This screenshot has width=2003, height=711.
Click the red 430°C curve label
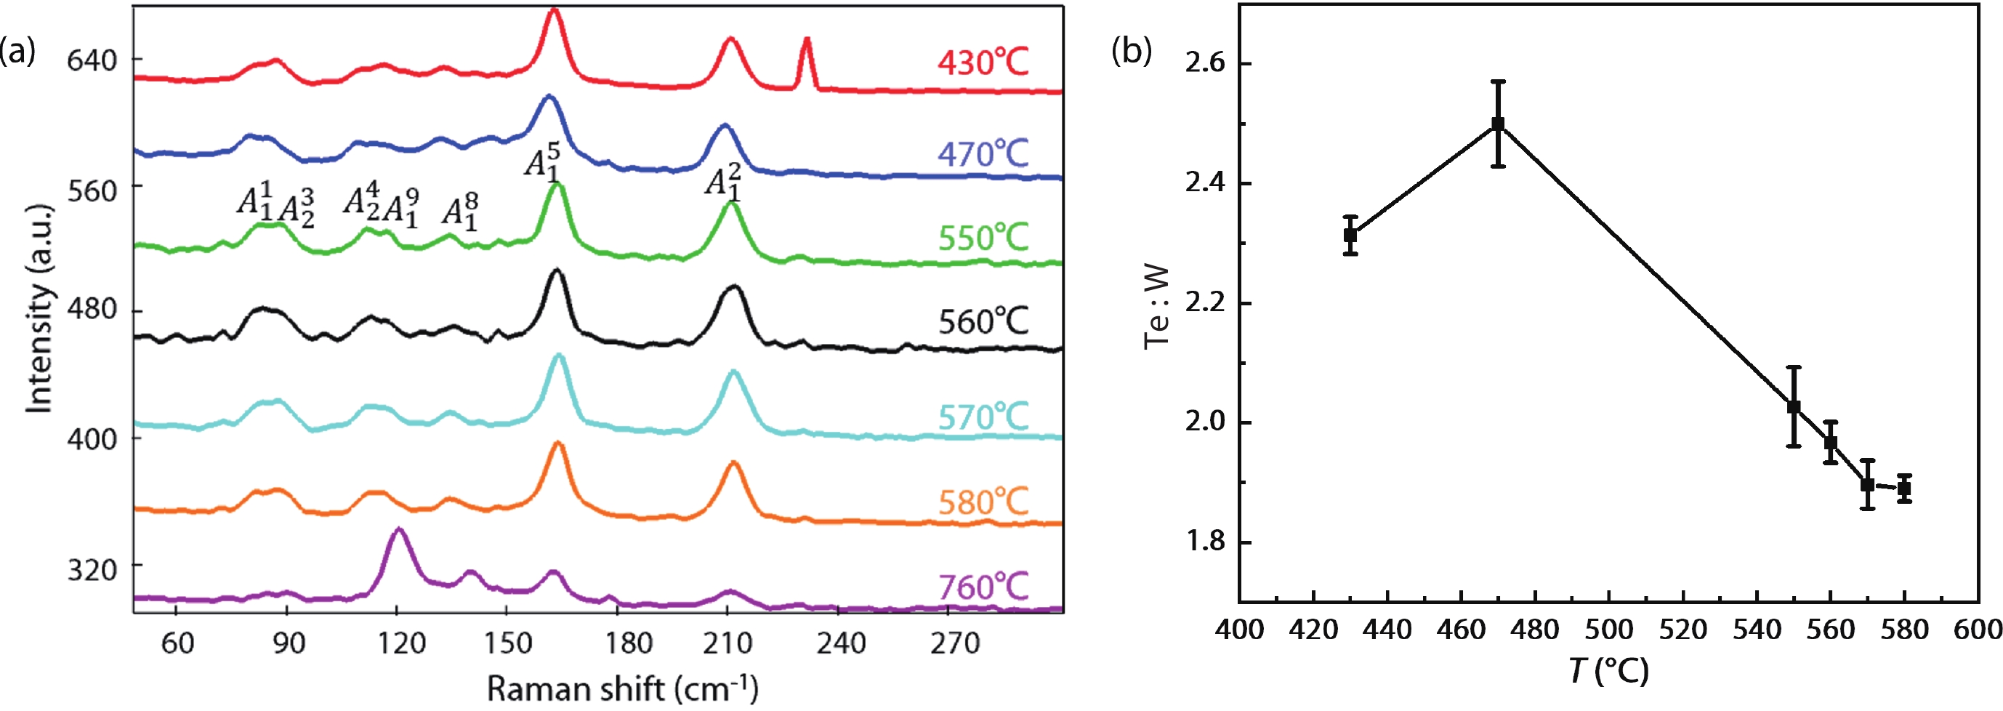coord(982,63)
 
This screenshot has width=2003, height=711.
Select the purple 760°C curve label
coord(983,587)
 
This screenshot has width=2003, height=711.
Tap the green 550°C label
coord(983,237)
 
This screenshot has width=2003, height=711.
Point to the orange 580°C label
coord(983,502)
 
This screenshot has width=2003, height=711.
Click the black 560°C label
coord(983,321)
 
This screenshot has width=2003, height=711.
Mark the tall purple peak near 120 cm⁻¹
coord(399,531)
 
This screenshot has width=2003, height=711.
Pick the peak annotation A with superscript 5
coord(542,163)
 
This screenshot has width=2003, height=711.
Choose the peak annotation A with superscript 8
coord(460,212)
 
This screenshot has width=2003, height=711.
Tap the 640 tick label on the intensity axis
coord(92,60)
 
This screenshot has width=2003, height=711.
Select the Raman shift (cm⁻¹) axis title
coord(622,688)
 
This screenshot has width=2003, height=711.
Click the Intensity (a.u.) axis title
coord(39,308)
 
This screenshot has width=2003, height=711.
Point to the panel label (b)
coord(1132,52)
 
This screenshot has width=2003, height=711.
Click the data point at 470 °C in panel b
coord(1498,124)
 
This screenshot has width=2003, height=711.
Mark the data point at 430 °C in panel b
coord(1350,235)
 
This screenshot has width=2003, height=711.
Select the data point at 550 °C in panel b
coord(1794,407)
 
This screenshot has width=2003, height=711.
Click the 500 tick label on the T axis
coord(1609,629)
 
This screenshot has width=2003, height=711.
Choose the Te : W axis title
coord(1157,308)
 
